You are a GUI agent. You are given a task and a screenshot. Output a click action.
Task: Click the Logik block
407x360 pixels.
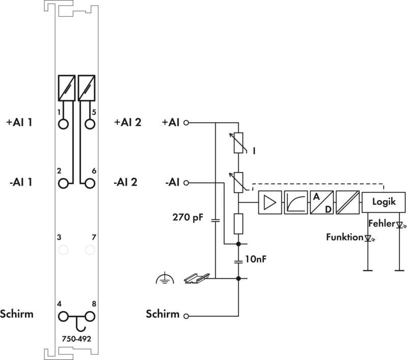(x=384, y=202)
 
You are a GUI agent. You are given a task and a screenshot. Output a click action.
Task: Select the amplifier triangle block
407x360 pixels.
(x=270, y=202)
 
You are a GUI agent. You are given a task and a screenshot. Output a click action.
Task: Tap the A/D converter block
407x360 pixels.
(x=322, y=202)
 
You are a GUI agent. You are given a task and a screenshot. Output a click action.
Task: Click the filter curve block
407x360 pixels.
(x=296, y=202)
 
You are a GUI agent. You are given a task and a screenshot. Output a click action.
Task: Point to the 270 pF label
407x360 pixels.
(x=188, y=217)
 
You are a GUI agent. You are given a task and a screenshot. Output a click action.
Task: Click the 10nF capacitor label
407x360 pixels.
(x=256, y=259)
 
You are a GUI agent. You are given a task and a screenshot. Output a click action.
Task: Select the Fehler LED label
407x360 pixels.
(x=382, y=224)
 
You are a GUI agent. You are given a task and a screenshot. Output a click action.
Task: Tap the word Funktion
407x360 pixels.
(x=344, y=237)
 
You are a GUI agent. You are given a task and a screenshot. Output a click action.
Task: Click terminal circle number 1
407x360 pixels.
(x=63, y=124)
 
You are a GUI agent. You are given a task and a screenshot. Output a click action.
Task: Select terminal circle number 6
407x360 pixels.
(x=90, y=183)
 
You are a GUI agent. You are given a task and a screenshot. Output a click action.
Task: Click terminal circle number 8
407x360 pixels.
(x=90, y=316)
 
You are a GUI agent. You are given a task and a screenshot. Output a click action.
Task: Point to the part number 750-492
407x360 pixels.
(x=77, y=339)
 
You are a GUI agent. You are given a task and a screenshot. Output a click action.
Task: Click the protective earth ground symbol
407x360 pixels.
(x=165, y=278)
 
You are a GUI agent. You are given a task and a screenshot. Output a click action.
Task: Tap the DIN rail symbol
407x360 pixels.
(x=196, y=278)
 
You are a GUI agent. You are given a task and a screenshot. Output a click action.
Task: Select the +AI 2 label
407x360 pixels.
(x=128, y=122)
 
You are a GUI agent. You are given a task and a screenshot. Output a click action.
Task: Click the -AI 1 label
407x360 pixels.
(x=21, y=182)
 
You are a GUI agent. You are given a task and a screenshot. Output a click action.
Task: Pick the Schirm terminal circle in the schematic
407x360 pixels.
(x=186, y=316)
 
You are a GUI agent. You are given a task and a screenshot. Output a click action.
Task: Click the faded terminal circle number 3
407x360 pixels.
(x=63, y=250)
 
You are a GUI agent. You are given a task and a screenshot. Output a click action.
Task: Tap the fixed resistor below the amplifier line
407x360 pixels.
(x=238, y=224)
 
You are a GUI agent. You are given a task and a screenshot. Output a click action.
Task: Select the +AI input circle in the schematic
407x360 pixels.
(x=186, y=123)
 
